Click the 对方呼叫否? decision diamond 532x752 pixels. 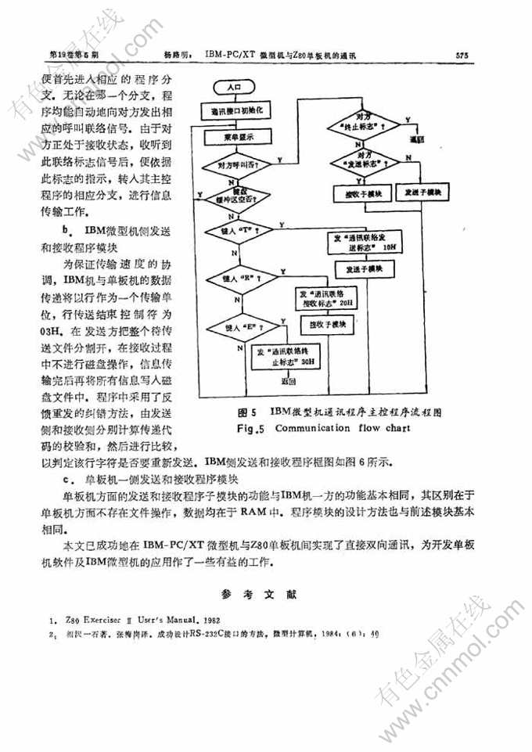tap(239, 164)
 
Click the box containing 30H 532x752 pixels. tap(287, 358)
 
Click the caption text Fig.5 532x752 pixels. tap(252, 429)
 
